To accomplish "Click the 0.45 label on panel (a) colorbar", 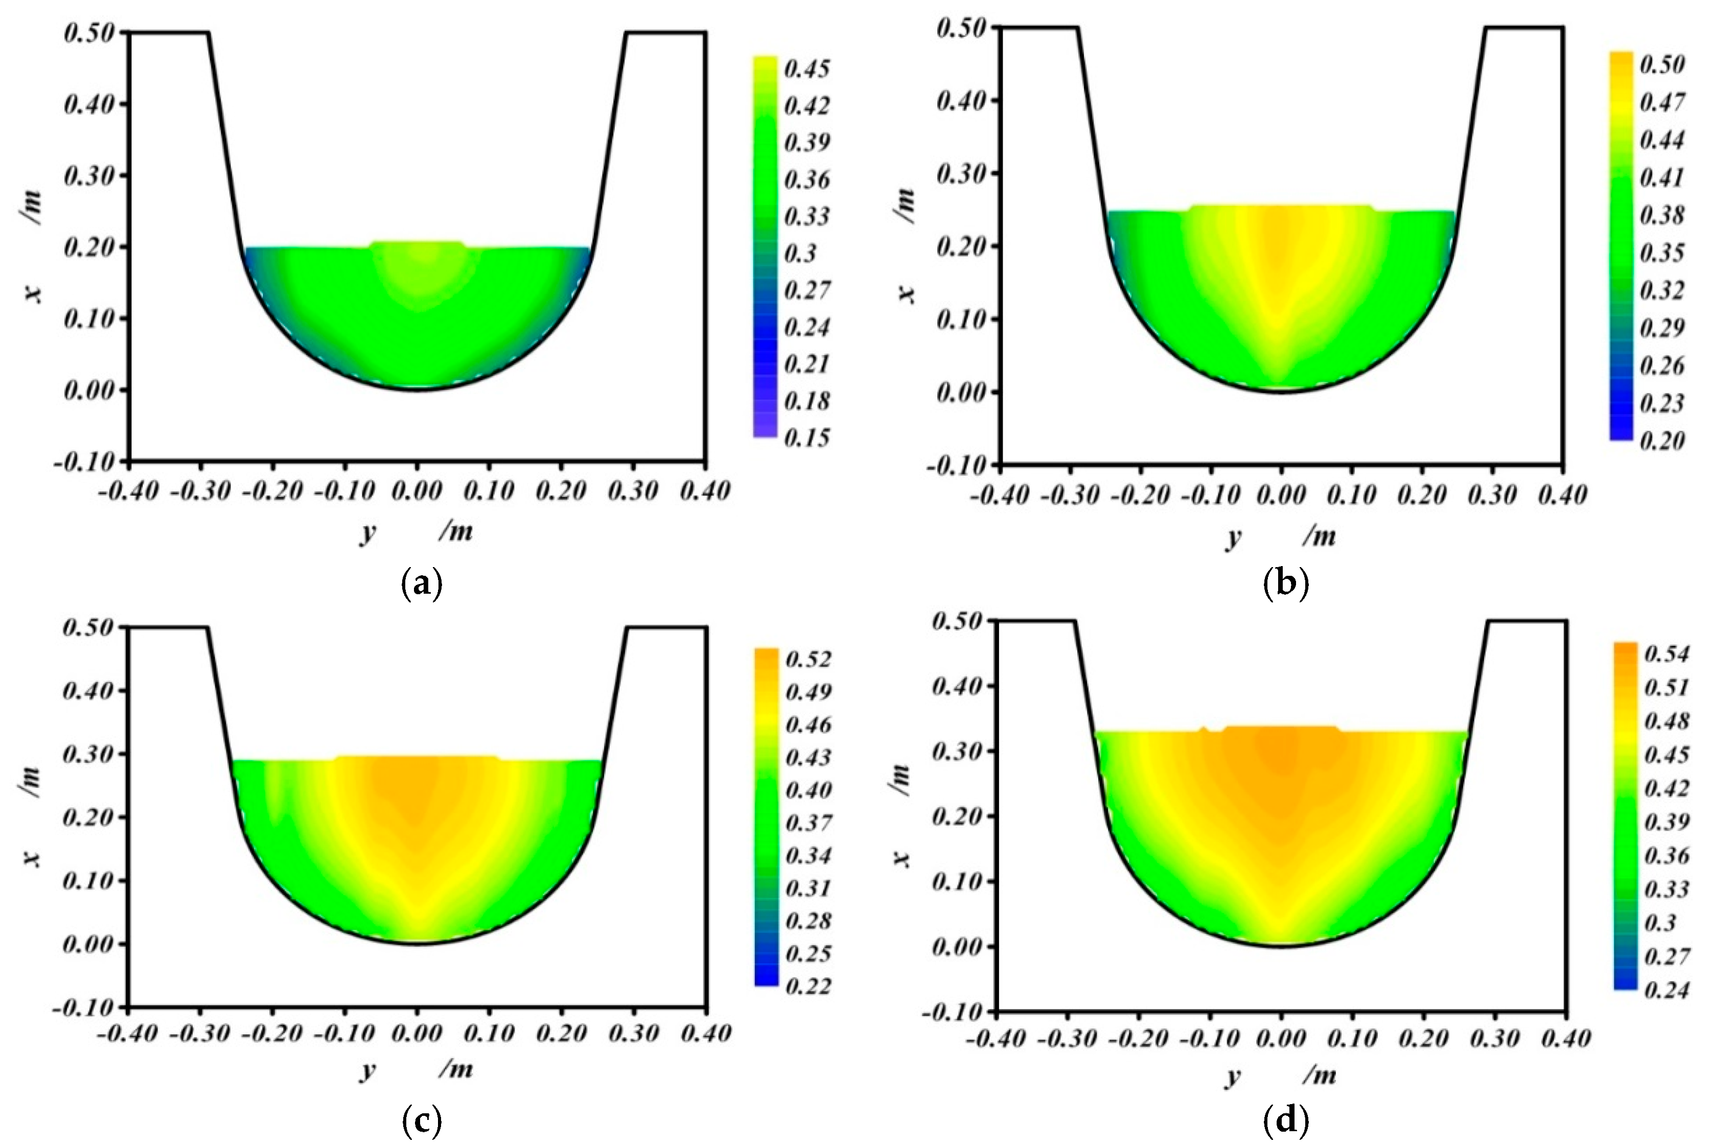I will [x=806, y=69].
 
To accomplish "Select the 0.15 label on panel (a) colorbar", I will [x=806, y=438].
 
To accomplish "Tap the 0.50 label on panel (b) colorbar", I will [x=1662, y=64].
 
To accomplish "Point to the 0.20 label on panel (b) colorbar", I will [x=1662, y=441].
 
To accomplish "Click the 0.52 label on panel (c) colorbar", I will [x=808, y=659].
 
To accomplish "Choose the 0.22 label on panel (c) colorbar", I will [x=808, y=987].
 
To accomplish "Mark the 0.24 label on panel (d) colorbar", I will [x=1666, y=990].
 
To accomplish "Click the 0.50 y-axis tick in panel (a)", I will [x=89, y=33].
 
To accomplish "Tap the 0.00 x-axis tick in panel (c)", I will [x=417, y=1034].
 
